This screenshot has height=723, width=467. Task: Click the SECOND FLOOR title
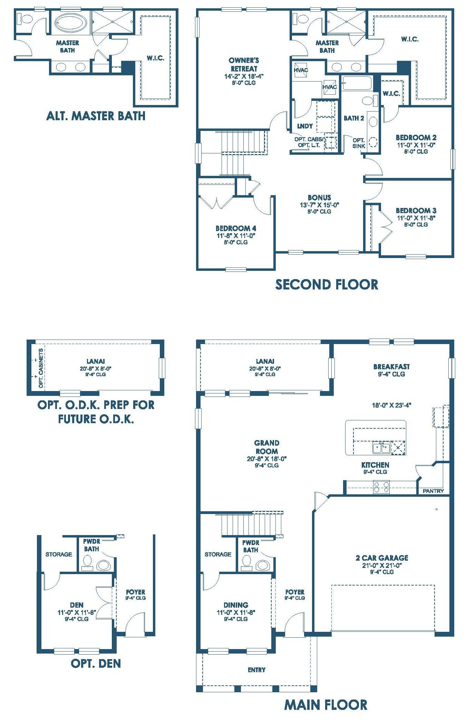pyautogui.click(x=327, y=285)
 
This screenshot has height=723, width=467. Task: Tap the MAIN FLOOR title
pyautogui.click(x=326, y=705)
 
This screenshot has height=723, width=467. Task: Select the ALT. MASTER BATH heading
pyautogui.click(x=96, y=116)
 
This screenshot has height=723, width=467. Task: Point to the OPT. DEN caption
pyautogui.click(x=96, y=663)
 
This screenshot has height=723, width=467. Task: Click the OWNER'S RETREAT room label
pyautogui.click(x=244, y=65)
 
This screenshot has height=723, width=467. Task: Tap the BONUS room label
pyautogui.click(x=320, y=198)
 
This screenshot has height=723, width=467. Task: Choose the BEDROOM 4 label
pyautogui.click(x=236, y=228)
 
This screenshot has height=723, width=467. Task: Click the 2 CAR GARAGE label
pyautogui.click(x=382, y=558)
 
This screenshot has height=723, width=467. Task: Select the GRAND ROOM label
pyautogui.click(x=267, y=447)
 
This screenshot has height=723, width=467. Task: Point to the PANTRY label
pyautogui.click(x=434, y=491)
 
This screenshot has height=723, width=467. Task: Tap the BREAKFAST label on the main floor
pyautogui.click(x=391, y=367)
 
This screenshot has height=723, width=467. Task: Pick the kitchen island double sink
pyautogui.click(x=381, y=448)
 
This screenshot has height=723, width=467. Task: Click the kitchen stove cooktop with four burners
pyautogui.click(x=381, y=487)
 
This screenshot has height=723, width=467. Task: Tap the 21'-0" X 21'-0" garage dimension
pyautogui.click(x=382, y=565)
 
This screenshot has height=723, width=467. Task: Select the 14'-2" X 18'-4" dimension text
pyautogui.click(x=244, y=76)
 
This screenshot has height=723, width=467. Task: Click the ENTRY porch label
pyautogui.click(x=257, y=670)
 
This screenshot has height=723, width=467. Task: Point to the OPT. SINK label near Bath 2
pyautogui.click(x=359, y=143)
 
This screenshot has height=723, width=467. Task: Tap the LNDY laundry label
pyautogui.click(x=305, y=126)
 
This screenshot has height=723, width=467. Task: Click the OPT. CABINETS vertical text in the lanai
pyautogui.click(x=41, y=368)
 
